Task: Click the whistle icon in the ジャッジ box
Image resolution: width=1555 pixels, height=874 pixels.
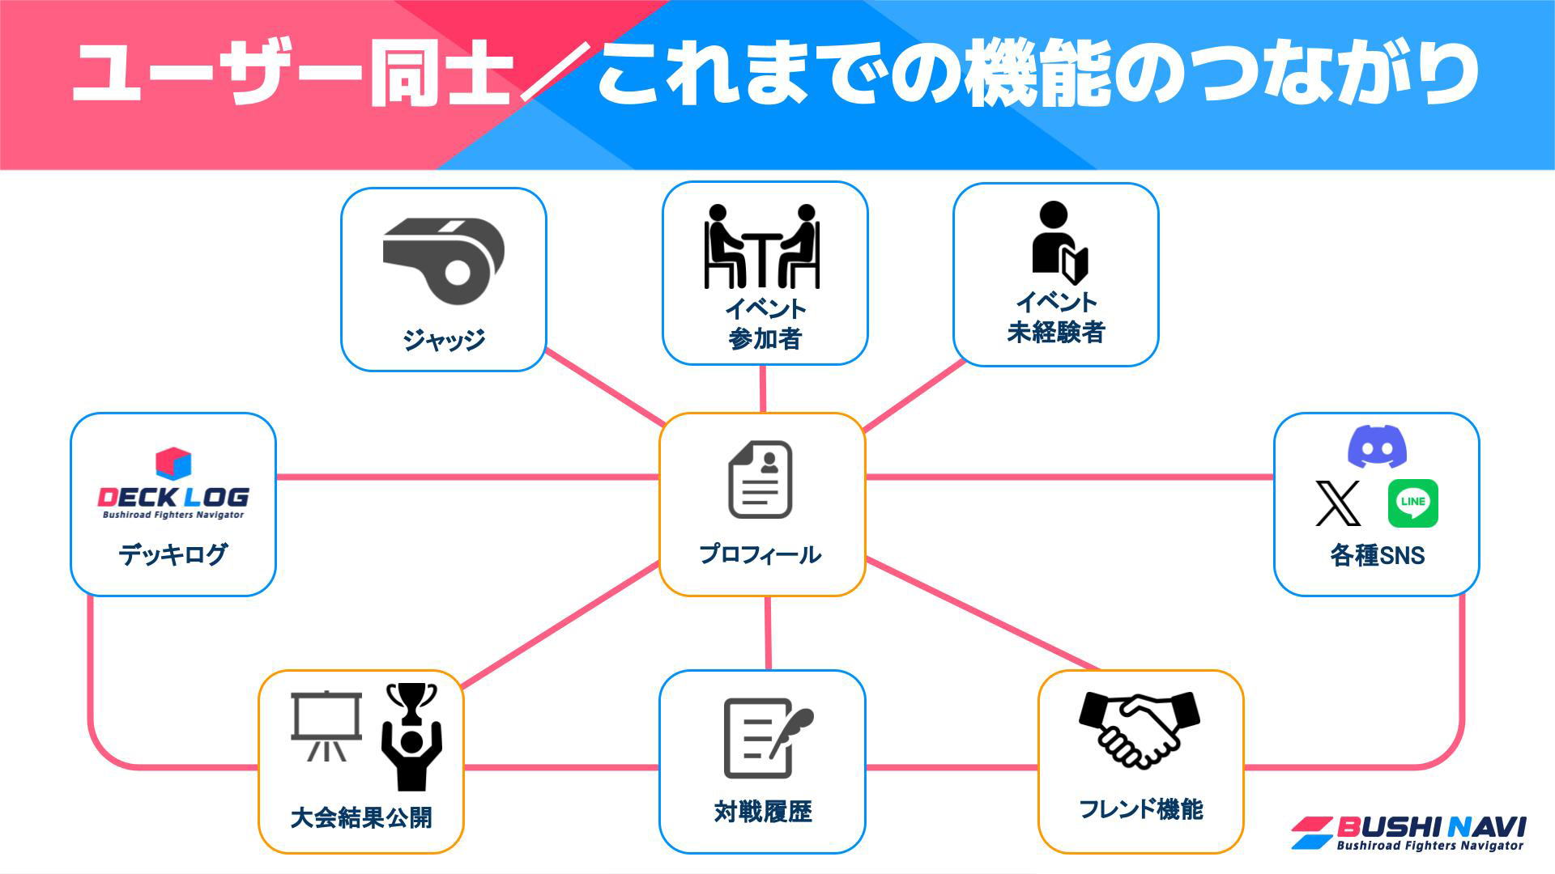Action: coord(444,259)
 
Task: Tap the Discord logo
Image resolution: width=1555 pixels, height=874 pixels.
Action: coord(1377,446)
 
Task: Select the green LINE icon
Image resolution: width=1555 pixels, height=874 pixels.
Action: coord(1412,503)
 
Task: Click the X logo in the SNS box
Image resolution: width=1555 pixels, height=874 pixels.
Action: coord(1338,503)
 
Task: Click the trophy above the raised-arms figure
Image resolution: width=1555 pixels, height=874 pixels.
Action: coord(411,702)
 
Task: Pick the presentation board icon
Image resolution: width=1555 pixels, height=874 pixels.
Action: coord(326,725)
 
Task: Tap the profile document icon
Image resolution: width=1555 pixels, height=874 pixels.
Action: coord(760,480)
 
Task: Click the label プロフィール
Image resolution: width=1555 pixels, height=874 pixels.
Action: coord(760,554)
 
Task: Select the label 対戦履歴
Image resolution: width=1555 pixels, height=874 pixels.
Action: coord(763,811)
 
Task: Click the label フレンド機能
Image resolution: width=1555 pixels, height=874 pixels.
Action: coord(1140,808)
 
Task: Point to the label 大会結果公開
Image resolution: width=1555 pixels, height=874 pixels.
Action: coord(361,817)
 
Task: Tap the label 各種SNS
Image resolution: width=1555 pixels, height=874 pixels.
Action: coord(1377,555)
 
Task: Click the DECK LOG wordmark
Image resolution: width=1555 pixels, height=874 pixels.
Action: coord(173,497)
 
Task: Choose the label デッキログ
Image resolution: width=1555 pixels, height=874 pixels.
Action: coord(173,554)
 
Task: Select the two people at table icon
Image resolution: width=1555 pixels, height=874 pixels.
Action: coord(762,246)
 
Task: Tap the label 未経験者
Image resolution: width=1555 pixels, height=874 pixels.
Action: coord(1056,332)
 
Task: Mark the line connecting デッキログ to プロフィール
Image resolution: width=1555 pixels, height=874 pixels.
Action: coord(467,477)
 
